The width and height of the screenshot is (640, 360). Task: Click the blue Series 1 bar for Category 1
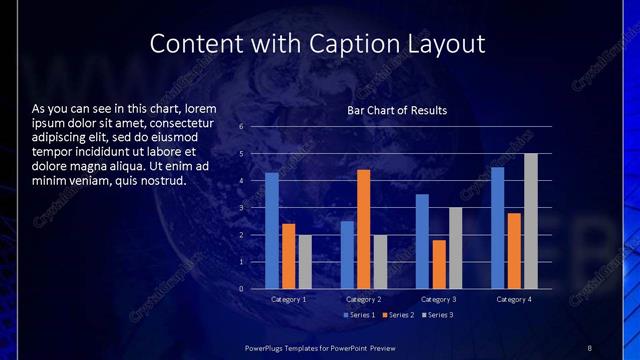pyautogui.click(x=272, y=231)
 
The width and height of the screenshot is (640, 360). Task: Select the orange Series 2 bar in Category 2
pyautogui.click(x=363, y=229)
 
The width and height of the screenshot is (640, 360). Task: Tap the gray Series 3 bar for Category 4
pyautogui.click(x=530, y=221)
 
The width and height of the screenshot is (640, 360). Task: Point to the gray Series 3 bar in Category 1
pyautogui.click(x=305, y=262)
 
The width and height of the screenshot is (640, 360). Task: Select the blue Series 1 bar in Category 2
pyautogui.click(x=347, y=255)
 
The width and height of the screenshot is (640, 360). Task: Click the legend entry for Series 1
pyautogui.click(x=361, y=315)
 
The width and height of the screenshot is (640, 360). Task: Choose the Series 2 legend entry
pyautogui.click(x=398, y=315)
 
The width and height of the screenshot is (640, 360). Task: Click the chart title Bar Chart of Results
pyautogui.click(x=397, y=110)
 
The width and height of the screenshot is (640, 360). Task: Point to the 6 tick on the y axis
pyautogui.click(x=241, y=127)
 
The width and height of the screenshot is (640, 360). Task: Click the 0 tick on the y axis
pyautogui.click(x=241, y=289)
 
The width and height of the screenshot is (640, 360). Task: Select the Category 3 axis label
pyautogui.click(x=438, y=299)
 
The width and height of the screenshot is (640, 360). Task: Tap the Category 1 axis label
pyautogui.click(x=288, y=299)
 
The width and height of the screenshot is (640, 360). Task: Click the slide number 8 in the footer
pyautogui.click(x=589, y=346)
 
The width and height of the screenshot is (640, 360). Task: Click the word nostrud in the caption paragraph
pyautogui.click(x=161, y=181)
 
